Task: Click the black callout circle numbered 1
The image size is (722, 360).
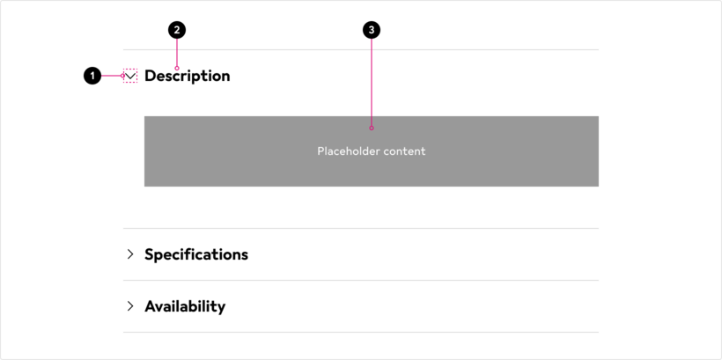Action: [92, 76]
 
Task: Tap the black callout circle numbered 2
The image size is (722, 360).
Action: [177, 31]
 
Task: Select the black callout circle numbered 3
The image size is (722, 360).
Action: [372, 31]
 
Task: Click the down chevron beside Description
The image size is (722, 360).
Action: [130, 76]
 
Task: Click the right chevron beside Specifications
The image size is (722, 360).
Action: [130, 254]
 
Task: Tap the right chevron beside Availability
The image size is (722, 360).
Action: [130, 306]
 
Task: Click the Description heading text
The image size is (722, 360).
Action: [188, 76]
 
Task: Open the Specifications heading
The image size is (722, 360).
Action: [196, 254]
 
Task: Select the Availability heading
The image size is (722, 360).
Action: [185, 306]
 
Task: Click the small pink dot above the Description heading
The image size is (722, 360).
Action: [177, 68]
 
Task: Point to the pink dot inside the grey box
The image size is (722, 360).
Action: [372, 128]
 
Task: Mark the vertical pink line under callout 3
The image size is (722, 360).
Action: [372, 83]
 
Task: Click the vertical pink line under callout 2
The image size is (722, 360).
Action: [177, 53]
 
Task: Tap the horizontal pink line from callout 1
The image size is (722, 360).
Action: [111, 76]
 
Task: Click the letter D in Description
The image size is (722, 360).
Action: [151, 76]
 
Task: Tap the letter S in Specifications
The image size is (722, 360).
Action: [149, 254]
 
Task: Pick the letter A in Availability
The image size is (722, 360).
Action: [151, 306]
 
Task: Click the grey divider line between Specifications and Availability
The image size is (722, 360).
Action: [361, 281]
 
